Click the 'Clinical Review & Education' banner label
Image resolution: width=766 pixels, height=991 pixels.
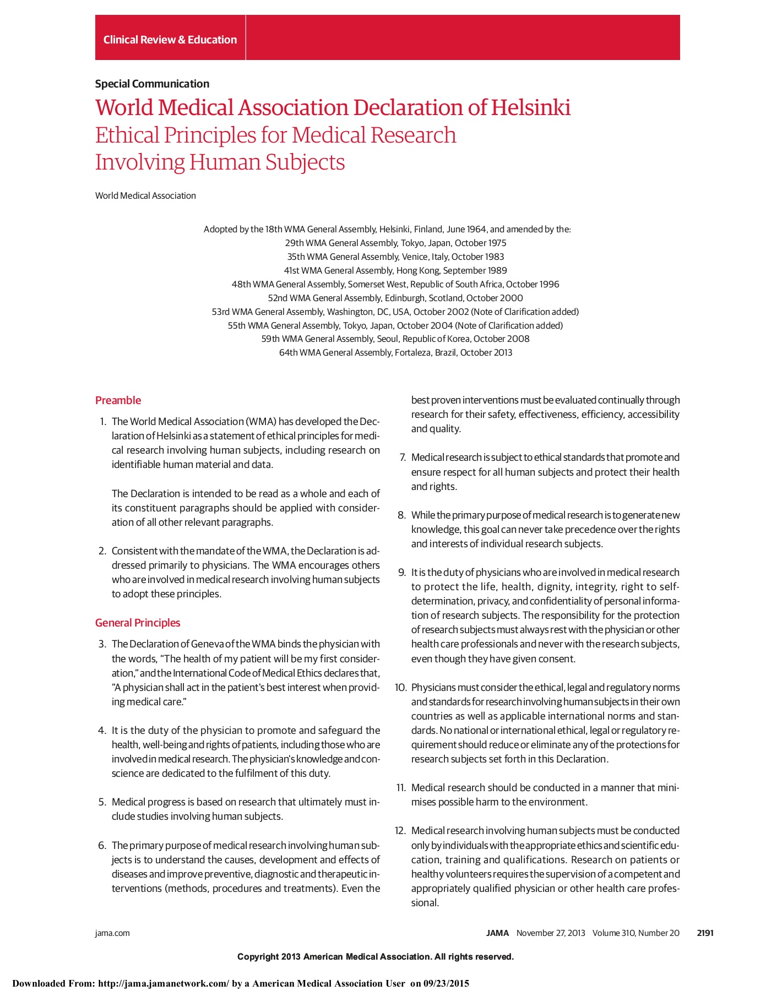coord(170,40)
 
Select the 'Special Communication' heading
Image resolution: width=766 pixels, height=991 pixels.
coord(152,84)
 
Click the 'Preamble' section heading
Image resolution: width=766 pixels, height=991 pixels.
coord(118,400)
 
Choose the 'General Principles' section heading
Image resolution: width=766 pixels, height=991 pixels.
coord(138,623)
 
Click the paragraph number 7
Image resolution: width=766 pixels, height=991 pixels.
coord(403,458)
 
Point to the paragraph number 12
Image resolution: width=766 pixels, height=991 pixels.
coord(400,830)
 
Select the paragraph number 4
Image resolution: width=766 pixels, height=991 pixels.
coord(102,731)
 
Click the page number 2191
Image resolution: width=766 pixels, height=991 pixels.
coord(705,933)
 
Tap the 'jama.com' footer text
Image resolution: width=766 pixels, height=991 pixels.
coord(112,933)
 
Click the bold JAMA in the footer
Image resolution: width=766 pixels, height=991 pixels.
coord(497,933)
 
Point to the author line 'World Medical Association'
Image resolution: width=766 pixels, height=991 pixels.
coord(145,195)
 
